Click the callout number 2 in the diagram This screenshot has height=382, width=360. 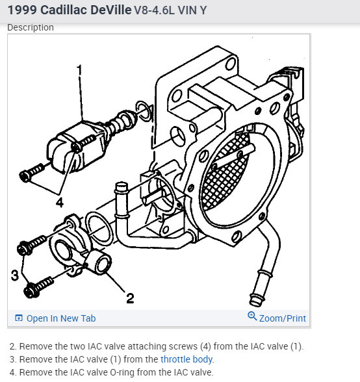pyautogui.click(x=130, y=298)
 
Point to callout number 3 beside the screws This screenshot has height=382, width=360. pyautogui.click(x=15, y=275)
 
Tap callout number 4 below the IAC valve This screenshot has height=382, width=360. pyautogui.click(x=60, y=203)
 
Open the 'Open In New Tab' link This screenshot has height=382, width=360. pyautogui.click(x=61, y=318)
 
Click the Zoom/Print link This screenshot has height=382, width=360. pyautogui.click(x=282, y=318)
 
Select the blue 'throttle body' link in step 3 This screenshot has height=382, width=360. pyautogui.click(x=186, y=359)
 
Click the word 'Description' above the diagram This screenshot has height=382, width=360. pyautogui.click(x=31, y=27)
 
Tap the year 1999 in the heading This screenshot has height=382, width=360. pyautogui.click(x=23, y=10)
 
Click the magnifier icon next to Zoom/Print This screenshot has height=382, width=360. pyautogui.click(x=252, y=316)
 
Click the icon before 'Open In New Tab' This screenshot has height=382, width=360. pyautogui.click(x=19, y=318)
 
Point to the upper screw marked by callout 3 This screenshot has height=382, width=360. pyautogui.click(x=32, y=244)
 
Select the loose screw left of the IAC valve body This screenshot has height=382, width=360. pyautogui.click(x=32, y=172)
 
